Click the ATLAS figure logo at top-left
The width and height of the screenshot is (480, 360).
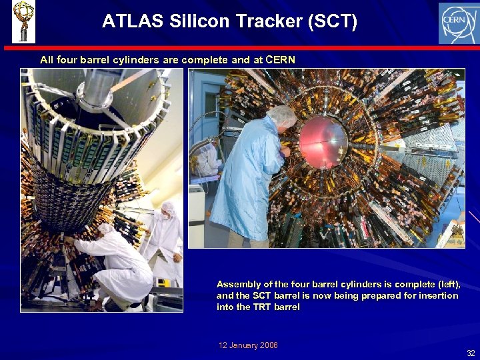(x=23, y=21)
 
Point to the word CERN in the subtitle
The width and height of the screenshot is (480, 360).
(x=280, y=60)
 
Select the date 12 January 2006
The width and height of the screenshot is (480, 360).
(x=248, y=345)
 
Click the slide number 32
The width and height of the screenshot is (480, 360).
(x=471, y=353)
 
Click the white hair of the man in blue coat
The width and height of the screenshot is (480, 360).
(x=281, y=114)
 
